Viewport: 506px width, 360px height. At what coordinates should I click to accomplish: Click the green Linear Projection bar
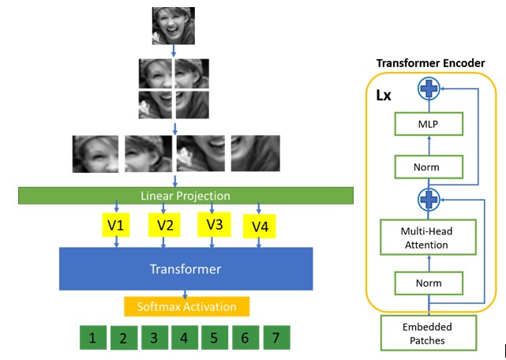[186, 195]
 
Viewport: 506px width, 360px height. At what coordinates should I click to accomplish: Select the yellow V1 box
[117, 226]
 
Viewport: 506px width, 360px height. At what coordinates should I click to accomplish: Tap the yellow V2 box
[163, 226]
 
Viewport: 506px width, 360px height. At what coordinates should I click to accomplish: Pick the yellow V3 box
[214, 224]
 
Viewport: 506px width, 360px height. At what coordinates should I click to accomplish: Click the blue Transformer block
[186, 268]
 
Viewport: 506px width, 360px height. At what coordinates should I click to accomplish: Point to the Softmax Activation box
[186, 306]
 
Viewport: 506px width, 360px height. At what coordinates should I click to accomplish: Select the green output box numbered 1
[93, 338]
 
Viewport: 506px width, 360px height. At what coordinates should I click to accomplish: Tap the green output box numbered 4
[184, 338]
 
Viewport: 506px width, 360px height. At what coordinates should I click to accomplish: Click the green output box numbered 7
[275, 338]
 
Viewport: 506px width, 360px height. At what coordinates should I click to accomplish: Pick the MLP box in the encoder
[427, 124]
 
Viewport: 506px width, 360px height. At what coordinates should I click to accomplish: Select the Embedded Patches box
[427, 333]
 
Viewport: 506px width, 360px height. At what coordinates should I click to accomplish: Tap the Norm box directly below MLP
[427, 167]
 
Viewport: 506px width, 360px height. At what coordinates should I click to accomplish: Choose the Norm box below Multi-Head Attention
[427, 282]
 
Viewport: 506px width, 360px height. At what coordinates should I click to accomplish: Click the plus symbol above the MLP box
[428, 88]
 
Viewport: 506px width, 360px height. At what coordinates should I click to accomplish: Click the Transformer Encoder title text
[430, 63]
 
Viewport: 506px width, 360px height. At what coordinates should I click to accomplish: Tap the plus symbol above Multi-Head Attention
[428, 201]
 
